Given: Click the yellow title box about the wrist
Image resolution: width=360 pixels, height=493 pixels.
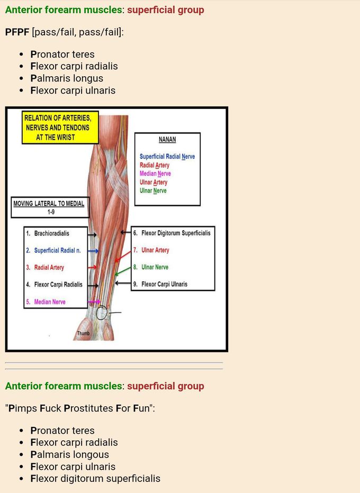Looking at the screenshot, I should [x=60, y=127].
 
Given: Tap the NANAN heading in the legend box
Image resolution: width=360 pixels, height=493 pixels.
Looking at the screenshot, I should [x=167, y=140].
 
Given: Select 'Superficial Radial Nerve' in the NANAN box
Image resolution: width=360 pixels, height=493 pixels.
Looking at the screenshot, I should [x=167, y=157].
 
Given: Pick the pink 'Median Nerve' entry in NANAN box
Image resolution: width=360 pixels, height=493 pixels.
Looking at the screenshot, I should [x=155, y=174].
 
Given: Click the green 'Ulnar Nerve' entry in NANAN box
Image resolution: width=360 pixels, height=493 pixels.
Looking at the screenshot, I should [x=153, y=190].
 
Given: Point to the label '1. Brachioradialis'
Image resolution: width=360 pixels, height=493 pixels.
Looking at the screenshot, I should [x=48, y=233].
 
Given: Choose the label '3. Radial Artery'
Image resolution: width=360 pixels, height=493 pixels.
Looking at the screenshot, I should [x=46, y=268].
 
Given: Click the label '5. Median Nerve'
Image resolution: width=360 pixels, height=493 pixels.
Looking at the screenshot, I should [x=46, y=302].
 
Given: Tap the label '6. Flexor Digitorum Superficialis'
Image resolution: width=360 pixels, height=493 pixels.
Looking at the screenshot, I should [x=172, y=233].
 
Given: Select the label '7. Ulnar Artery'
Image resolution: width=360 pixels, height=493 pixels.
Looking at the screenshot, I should [x=151, y=250].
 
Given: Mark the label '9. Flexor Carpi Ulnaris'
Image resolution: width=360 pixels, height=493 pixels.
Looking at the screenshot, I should [x=160, y=284].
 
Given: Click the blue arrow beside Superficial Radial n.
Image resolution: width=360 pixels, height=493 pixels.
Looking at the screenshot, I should [x=93, y=251].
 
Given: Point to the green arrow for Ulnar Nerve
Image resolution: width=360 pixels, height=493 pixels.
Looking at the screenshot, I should [x=123, y=271].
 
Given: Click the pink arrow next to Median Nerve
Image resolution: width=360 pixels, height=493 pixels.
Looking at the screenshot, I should [x=94, y=302].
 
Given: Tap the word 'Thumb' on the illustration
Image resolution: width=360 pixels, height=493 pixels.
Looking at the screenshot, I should [x=83, y=333].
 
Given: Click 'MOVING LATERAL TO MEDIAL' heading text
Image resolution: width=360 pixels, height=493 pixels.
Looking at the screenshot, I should [x=49, y=204].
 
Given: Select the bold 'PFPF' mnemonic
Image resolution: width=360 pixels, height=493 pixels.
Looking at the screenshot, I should [x=17, y=32].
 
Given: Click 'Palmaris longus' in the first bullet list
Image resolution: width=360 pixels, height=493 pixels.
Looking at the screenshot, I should [x=67, y=78].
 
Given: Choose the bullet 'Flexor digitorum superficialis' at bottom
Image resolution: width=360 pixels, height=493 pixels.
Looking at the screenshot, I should [x=95, y=479].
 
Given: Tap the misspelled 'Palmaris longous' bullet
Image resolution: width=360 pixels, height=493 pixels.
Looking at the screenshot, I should [x=70, y=454].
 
